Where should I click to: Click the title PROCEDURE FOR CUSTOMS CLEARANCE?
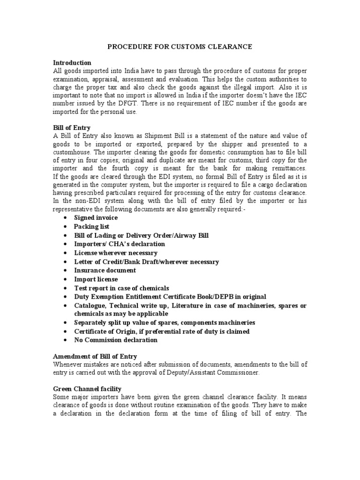coord(180,47)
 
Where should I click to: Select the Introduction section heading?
coord(72,63)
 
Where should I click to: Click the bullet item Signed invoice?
coord(96,218)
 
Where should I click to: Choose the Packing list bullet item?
coord(91,227)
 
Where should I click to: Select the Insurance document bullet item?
coord(105,270)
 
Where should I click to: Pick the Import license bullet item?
coord(96,279)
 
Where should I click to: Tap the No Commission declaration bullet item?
coord(116,340)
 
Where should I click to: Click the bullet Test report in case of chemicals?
coord(121,288)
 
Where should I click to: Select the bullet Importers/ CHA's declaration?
coord(120,244)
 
